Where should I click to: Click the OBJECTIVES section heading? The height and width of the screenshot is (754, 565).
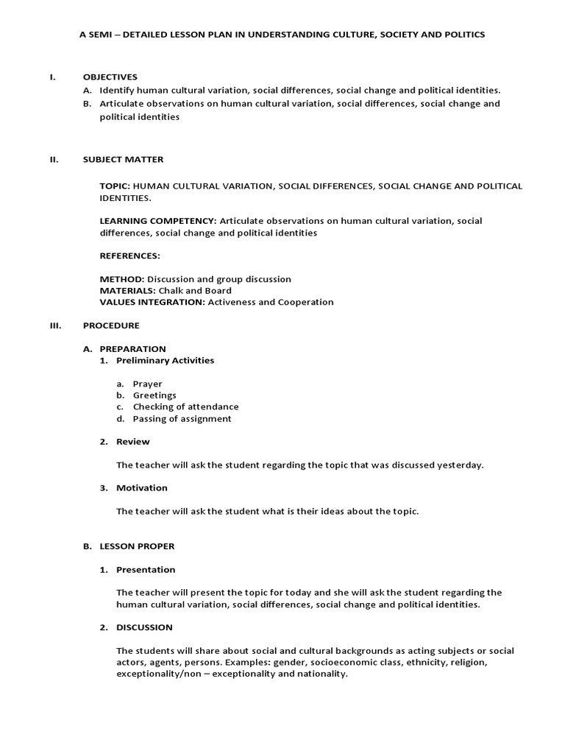pos(110,77)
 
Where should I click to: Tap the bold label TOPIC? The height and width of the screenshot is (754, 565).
pos(115,186)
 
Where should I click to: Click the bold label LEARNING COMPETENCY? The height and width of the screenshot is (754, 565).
pos(158,221)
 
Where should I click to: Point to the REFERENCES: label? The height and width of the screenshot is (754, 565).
pos(129,256)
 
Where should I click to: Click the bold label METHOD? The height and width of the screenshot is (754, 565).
pos(122,279)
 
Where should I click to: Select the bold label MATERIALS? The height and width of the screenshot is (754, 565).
pos(129,291)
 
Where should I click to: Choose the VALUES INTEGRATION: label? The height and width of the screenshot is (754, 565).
pos(152,302)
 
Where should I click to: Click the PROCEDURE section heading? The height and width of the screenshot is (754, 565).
pos(111,325)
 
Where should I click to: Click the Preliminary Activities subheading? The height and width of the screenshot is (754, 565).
pos(165,360)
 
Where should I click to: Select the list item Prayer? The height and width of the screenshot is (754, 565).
pos(147,384)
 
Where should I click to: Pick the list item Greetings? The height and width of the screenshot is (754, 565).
pos(154,395)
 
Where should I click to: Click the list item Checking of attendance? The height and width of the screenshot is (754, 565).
pos(185,406)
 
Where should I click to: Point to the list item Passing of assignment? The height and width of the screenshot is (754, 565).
pos(182,418)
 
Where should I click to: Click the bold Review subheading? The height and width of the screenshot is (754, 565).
pos(132,442)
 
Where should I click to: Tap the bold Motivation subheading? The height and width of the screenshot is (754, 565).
pos(141,487)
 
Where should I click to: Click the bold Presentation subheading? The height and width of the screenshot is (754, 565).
pos(146,569)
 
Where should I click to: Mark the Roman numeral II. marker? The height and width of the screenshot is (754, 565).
pos(54,159)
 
